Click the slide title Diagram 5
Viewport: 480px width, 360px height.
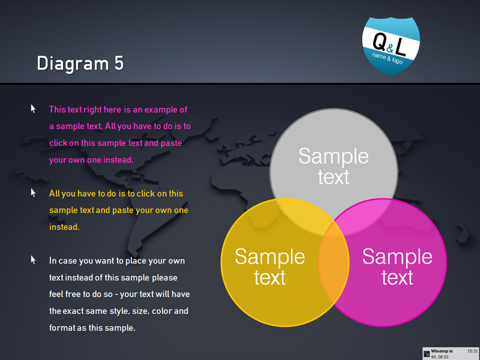(x=80, y=64)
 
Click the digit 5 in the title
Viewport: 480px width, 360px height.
(x=119, y=63)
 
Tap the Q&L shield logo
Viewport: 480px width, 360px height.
(x=391, y=46)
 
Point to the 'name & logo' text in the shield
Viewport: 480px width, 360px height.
(x=387, y=58)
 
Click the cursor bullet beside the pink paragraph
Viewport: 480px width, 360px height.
(x=33, y=109)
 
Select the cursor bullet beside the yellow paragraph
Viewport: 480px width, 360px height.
(x=33, y=193)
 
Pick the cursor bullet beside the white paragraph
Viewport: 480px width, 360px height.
(x=33, y=260)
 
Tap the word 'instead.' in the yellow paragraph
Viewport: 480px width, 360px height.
(x=64, y=227)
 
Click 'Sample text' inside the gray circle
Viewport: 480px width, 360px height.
(x=334, y=166)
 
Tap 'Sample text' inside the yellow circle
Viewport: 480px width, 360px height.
(x=269, y=266)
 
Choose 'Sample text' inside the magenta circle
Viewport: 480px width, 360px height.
(x=397, y=266)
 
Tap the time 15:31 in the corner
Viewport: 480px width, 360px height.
(x=472, y=351)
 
